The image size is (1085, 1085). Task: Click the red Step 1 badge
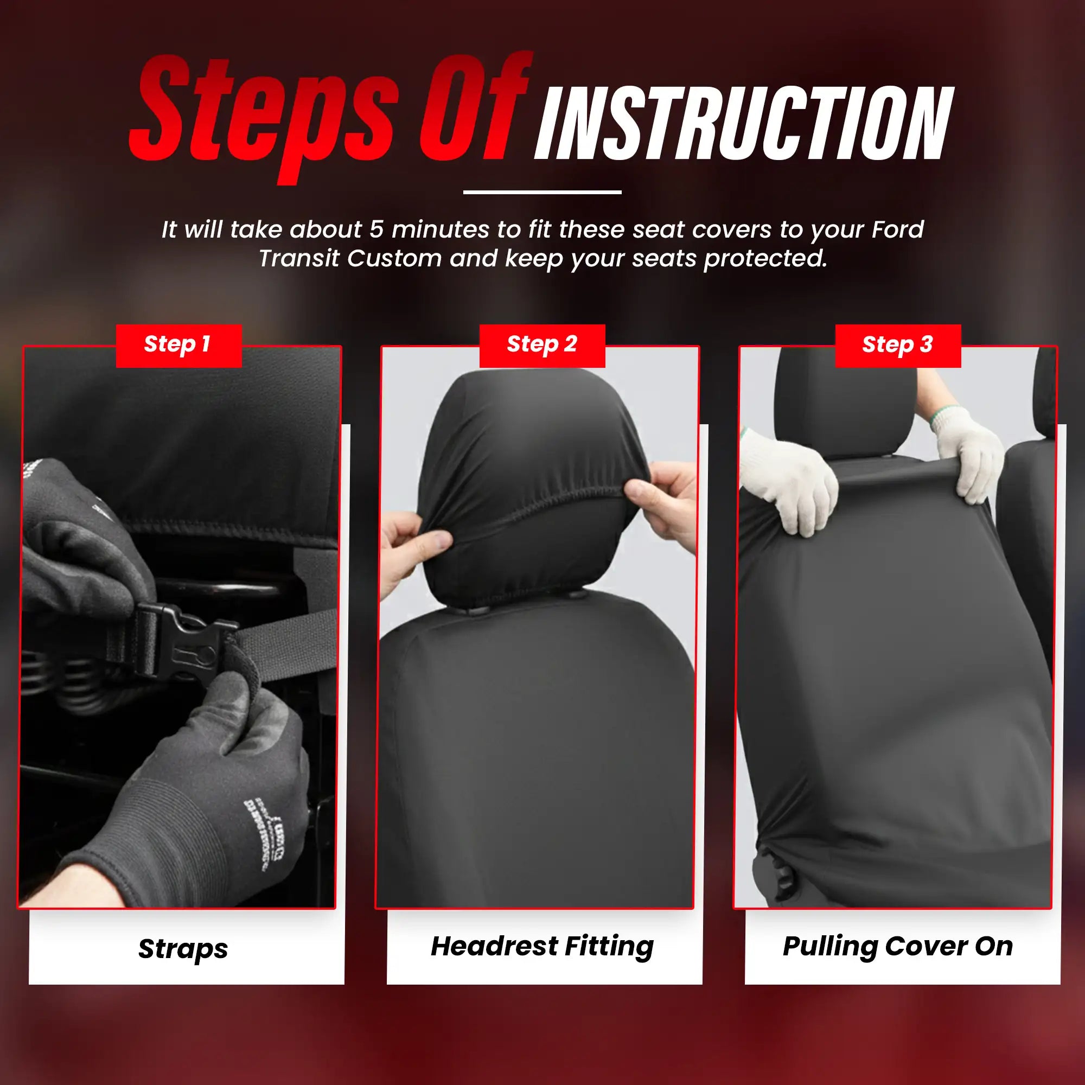point(178,346)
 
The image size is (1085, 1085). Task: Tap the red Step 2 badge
point(542,346)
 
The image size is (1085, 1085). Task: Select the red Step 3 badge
point(897,346)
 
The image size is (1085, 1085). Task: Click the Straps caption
point(183,948)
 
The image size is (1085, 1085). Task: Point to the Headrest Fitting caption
point(542,946)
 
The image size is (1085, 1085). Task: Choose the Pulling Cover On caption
point(897,946)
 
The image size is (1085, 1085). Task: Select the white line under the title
point(542,192)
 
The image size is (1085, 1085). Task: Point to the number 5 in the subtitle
point(376,229)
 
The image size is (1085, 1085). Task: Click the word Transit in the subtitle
point(298,258)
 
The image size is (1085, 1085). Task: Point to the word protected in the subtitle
point(765,258)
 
